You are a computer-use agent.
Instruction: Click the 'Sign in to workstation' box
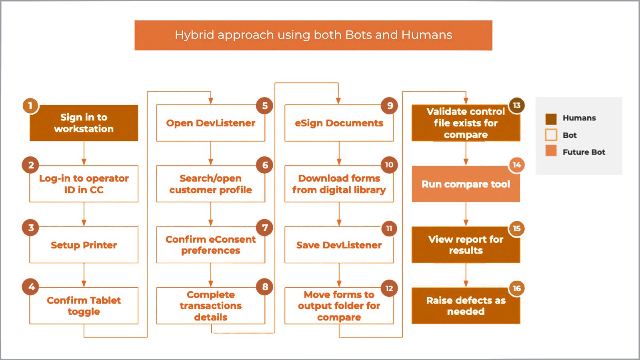84,123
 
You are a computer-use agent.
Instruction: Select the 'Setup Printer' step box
84,245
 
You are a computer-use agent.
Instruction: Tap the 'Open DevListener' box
210,123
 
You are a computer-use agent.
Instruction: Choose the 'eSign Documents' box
339,123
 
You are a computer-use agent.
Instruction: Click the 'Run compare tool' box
466,184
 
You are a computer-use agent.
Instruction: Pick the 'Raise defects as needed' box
466,306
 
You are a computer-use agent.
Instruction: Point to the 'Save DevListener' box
339,245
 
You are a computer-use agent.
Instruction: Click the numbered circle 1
30,106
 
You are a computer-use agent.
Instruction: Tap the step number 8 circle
264,286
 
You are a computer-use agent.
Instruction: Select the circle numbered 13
516,106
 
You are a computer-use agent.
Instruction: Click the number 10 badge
389,164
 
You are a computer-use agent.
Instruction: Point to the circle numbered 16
516,288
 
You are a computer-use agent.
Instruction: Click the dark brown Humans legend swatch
551,119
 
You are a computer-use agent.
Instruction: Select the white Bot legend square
551,135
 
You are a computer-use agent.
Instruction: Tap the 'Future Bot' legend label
584,152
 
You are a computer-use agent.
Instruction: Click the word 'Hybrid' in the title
194,35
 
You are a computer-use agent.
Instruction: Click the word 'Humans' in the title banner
426,35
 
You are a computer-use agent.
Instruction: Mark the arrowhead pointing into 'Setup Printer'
84,223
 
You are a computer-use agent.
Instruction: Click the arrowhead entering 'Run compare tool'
466,162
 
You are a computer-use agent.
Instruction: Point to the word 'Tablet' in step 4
106,300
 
